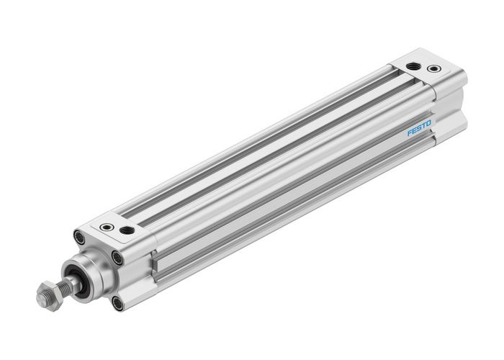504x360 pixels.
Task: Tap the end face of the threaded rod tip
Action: pos(40,297)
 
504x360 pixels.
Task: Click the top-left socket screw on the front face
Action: pos(78,235)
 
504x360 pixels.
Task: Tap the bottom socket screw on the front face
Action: pos(117,303)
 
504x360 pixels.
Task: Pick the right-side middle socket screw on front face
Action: pos(117,257)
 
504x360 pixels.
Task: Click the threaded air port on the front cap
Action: pos(128,230)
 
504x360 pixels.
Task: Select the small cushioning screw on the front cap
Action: pos(108,226)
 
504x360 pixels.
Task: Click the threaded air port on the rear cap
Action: pos(413,65)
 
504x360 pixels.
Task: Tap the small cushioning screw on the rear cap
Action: pos(433,69)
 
